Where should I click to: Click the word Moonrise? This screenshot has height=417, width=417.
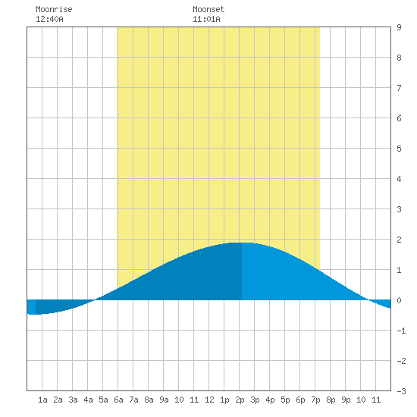click(x=54, y=9)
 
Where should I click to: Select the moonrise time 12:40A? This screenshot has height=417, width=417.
click(x=49, y=19)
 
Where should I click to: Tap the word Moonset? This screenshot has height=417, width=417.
click(x=208, y=9)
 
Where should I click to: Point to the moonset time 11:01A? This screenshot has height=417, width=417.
click(x=206, y=19)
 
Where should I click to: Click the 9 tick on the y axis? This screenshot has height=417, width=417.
click(x=399, y=27)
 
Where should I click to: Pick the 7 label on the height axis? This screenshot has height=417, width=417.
click(x=399, y=88)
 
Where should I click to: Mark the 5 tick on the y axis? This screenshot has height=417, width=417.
click(x=399, y=149)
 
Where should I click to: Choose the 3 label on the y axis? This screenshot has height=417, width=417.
click(x=399, y=209)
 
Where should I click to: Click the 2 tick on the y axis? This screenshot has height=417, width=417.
click(x=399, y=240)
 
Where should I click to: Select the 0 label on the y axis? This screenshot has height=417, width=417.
click(x=399, y=300)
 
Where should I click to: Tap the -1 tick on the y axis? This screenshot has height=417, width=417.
click(x=401, y=331)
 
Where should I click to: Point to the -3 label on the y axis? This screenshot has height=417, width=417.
click(x=401, y=391)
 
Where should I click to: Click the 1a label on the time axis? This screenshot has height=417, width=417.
click(x=42, y=400)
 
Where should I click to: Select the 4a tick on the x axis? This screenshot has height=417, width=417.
click(x=88, y=400)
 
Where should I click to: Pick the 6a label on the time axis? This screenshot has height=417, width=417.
click(x=118, y=400)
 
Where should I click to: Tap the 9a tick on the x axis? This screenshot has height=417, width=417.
click(x=164, y=400)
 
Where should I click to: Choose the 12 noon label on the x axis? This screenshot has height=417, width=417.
click(x=209, y=400)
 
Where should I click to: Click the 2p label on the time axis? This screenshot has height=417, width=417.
click(x=240, y=400)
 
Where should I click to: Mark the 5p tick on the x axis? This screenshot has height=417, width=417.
click(x=285, y=400)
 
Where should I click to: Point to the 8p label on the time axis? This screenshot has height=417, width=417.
click(x=331, y=400)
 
